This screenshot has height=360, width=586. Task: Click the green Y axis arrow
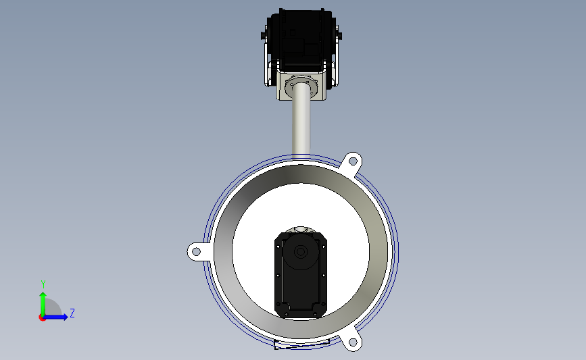coord(43,304)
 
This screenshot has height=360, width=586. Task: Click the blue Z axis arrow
coord(55,317)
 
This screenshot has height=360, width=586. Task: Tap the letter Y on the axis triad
coord(43,284)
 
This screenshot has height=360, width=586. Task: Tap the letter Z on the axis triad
coord(72,313)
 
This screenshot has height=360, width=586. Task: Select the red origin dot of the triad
coord(42,318)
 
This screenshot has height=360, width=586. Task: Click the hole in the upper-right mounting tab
coord(352,161)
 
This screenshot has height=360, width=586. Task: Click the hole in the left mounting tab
coord(195,252)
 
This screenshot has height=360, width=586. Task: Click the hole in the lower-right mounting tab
coord(352,342)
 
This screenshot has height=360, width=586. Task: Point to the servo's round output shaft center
coord(301,251)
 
